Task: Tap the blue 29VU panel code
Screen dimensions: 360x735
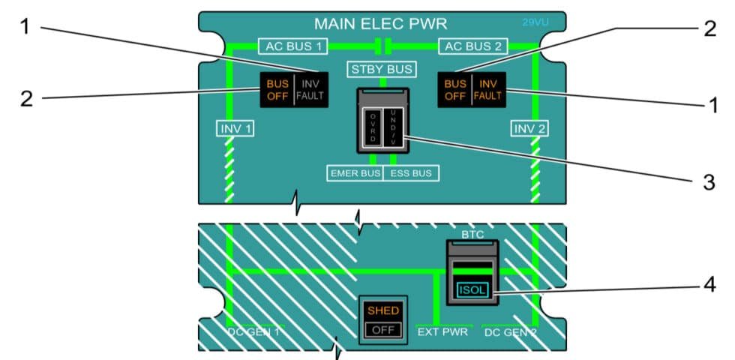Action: tap(535, 22)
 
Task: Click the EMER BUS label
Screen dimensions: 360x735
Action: tap(355, 173)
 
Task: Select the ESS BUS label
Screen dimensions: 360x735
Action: tap(411, 173)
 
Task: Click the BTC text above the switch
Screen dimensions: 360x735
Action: tap(472, 235)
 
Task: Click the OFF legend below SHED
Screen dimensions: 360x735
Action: tap(383, 329)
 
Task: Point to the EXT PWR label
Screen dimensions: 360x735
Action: tap(442, 331)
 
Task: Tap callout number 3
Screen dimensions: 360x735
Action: tap(708, 183)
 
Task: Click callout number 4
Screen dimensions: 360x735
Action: tap(708, 286)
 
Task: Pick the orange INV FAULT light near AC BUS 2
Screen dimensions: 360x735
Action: tap(488, 89)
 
